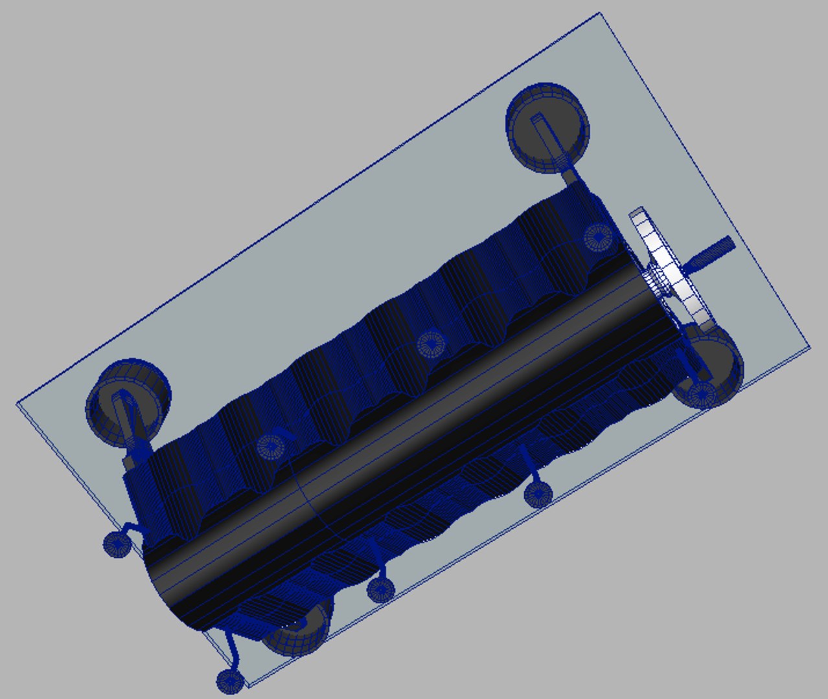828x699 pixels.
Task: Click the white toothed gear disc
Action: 677,272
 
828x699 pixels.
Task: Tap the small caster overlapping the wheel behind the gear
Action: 702,394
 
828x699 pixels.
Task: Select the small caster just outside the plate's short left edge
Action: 117,544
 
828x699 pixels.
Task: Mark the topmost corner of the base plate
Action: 599,13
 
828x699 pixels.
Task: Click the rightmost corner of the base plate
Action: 810,348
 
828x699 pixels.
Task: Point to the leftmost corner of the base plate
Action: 17,404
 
